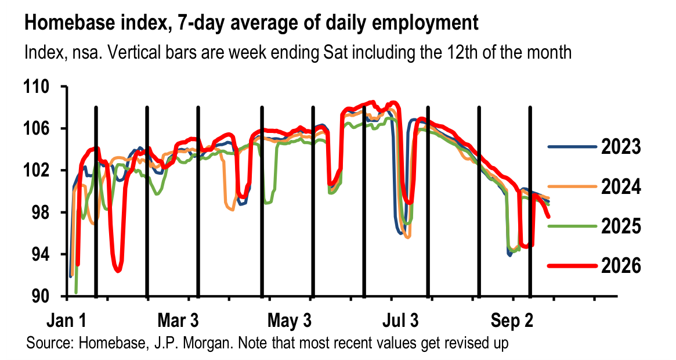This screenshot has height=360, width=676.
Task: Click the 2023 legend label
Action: click(x=621, y=147)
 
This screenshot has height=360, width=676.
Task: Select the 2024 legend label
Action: click(x=621, y=187)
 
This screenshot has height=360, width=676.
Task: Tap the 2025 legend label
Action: click(x=621, y=226)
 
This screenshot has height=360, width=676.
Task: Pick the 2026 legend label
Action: click(x=621, y=265)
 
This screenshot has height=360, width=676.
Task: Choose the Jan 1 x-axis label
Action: click(x=67, y=321)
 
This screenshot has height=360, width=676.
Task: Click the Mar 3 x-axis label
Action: click(x=178, y=321)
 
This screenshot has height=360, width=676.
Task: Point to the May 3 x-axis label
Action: click(x=290, y=321)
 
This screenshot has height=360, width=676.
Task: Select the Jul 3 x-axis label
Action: click(x=400, y=321)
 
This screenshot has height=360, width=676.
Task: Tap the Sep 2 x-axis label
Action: click(x=512, y=321)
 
